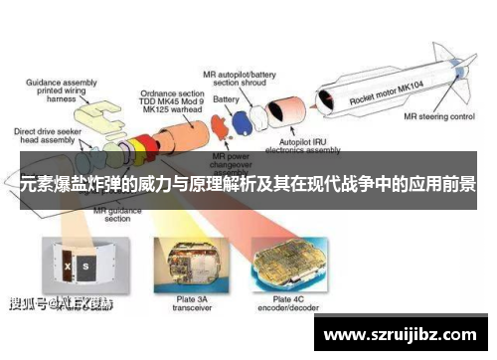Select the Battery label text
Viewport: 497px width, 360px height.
click(x=227, y=99)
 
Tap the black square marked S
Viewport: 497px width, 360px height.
click(x=86, y=266)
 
